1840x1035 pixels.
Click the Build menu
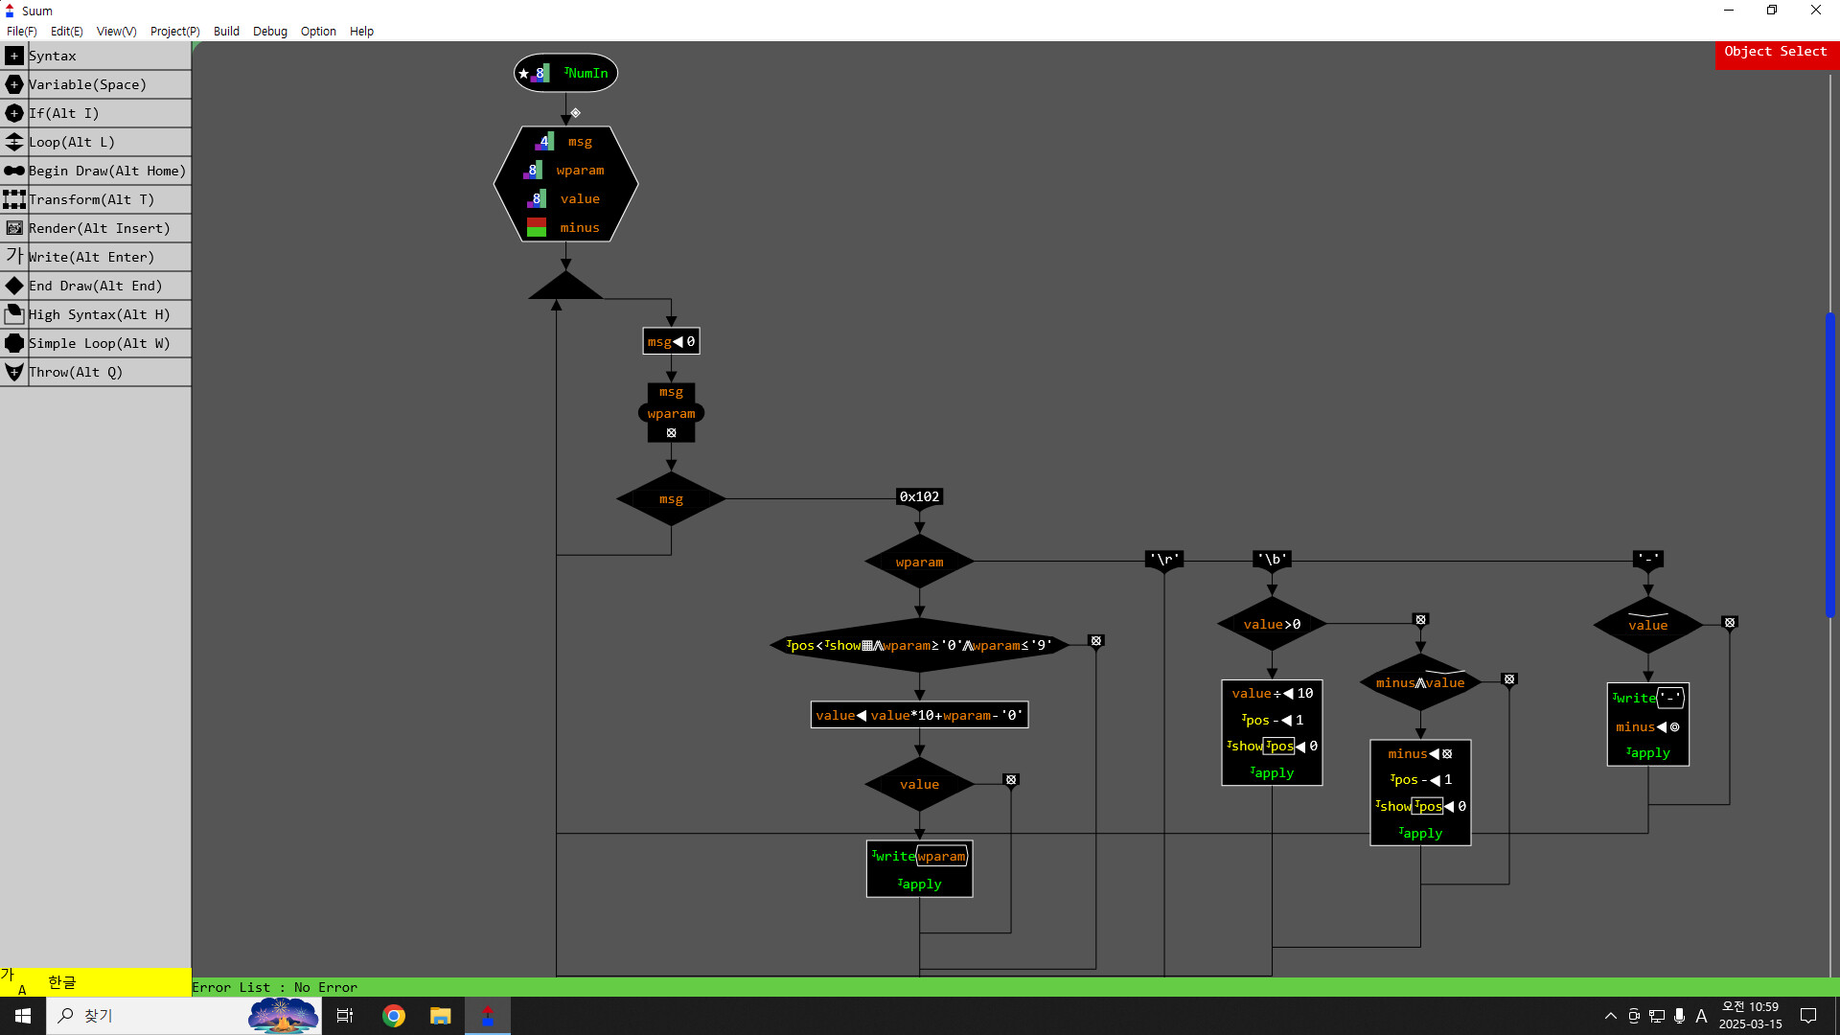[226, 31]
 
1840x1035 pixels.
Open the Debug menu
[269, 31]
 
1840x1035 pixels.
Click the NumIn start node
[565, 73]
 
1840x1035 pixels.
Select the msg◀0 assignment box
[671, 341]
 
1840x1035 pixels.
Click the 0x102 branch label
[919, 496]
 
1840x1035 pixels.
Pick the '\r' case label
[1164, 559]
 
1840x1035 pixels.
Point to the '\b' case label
[1272, 559]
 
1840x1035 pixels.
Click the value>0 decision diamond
[1272, 624]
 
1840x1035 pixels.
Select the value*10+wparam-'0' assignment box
[919, 715]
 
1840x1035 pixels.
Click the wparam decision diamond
[919, 563]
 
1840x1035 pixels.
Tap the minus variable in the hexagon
[579, 227]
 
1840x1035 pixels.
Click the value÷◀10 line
[1272, 693]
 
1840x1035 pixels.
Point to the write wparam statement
[919, 856]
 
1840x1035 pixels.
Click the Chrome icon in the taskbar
[394, 1016]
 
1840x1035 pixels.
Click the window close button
[1815, 11]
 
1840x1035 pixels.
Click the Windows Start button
[23, 1016]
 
